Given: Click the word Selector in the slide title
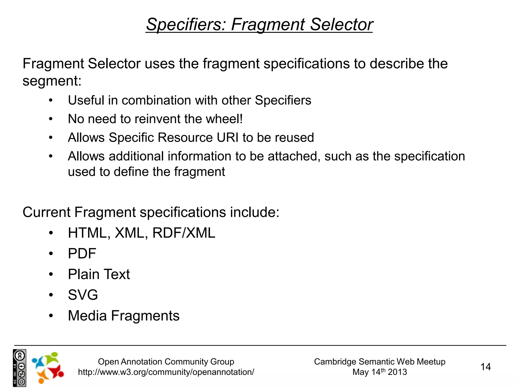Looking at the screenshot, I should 341,25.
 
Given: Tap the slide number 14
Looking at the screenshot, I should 485,367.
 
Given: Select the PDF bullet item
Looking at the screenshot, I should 82,254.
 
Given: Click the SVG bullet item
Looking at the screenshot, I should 83,295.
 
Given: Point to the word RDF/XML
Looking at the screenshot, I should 184,233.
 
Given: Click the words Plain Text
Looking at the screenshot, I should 99,274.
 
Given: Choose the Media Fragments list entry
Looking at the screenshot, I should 124,316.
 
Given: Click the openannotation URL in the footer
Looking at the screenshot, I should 166,372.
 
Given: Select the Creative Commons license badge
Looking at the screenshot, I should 19,368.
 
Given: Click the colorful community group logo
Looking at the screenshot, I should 48,368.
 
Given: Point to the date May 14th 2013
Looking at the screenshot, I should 380,372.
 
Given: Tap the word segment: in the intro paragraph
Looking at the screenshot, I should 52,81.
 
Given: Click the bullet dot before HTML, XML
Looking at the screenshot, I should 51,233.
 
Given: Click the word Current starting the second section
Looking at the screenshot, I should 46,212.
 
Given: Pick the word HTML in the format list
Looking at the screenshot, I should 87,233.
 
